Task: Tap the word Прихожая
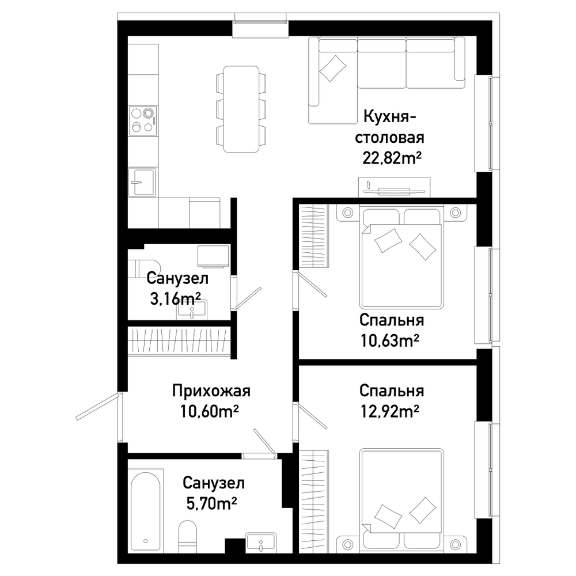point(211,391)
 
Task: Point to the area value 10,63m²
point(390,340)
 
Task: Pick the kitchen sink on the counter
point(142,182)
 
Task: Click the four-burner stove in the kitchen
point(143,120)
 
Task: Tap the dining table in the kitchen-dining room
point(241,109)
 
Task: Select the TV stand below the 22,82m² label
point(394,187)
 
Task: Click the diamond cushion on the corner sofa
point(333,68)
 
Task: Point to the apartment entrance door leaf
point(98,406)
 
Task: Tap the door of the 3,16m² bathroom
point(248,298)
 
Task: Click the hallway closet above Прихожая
point(179,341)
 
